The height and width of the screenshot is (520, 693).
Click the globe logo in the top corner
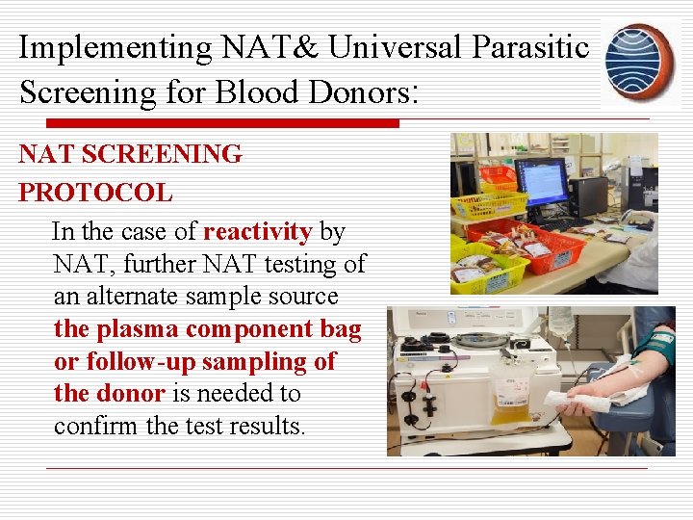tap(639, 59)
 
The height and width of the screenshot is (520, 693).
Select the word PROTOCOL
tap(95, 193)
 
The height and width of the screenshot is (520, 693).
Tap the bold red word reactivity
tap(257, 232)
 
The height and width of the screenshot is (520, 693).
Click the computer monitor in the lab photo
tap(542, 182)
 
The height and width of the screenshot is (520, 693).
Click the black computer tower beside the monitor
tap(588, 195)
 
